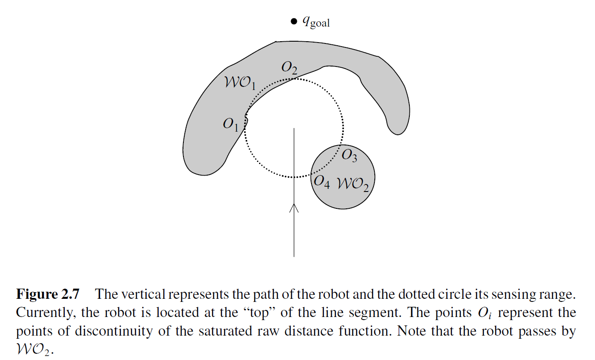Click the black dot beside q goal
[293, 21]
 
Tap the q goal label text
[316, 22]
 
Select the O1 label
[230, 125]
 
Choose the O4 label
[321, 182]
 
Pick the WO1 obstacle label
[240, 83]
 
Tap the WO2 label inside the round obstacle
[353, 184]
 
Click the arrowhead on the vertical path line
[294, 207]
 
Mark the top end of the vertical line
[294, 129]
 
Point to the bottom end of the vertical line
[294, 256]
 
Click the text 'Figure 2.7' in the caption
[48, 294]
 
